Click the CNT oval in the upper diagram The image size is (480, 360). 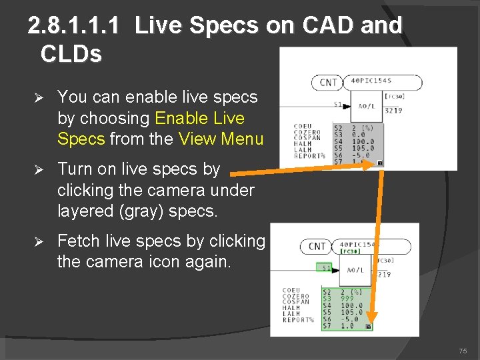(328, 83)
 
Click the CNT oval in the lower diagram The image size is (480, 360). (317, 246)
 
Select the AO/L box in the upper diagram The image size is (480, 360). (366, 106)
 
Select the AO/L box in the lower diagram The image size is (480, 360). (357, 270)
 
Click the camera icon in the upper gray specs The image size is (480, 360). (379, 162)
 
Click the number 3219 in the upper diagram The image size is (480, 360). (393, 111)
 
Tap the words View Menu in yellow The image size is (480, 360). (221, 139)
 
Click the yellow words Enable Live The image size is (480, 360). (199, 118)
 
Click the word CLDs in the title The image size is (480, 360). (71, 53)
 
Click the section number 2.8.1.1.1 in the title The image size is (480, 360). (74, 26)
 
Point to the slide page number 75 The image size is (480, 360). (463, 351)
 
